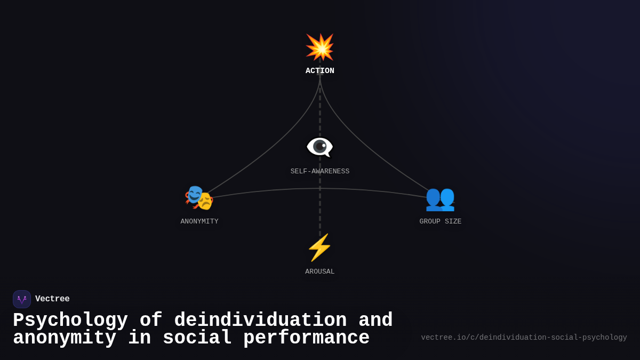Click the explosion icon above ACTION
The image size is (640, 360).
pyautogui.click(x=319, y=47)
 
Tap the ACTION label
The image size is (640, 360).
pyautogui.click(x=319, y=70)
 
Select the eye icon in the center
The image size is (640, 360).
pyautogui.click(x=319, y=147)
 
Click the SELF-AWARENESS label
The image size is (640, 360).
pyautogui.click(x=319, y=171)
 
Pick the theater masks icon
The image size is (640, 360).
pyautogui.click(x=199, y=198)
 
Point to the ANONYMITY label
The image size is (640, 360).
pyautogui.click(x=199, y=221)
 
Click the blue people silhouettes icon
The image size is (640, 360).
pyautogui.click(x=440, y=199)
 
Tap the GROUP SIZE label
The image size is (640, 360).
pyautogui.click(x=441, y=221)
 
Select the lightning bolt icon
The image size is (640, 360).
pyautogui.click(x=319, y=247)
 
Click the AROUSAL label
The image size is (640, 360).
pyautogui.click(x=319, y=271)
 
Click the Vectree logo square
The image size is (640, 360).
pyautogui.click(x=22, y=299)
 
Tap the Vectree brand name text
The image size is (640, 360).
pyautogui.click(x=52, y=299)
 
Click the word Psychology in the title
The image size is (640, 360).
pyautogui.click(x=70, y=320)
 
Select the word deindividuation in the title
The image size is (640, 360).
pyautogui.click(x=260, y=319)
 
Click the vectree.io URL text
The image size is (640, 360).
pyautogui.click(x=524, y=338)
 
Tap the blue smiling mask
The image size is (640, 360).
pyautogui.click(x=195, y=194)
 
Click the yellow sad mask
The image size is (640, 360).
pyautogui.click(x=205, y=201)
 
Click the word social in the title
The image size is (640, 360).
pyautogui.click(x=197, y=338)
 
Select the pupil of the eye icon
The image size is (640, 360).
pyautogui.click(x=319, y=147)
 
